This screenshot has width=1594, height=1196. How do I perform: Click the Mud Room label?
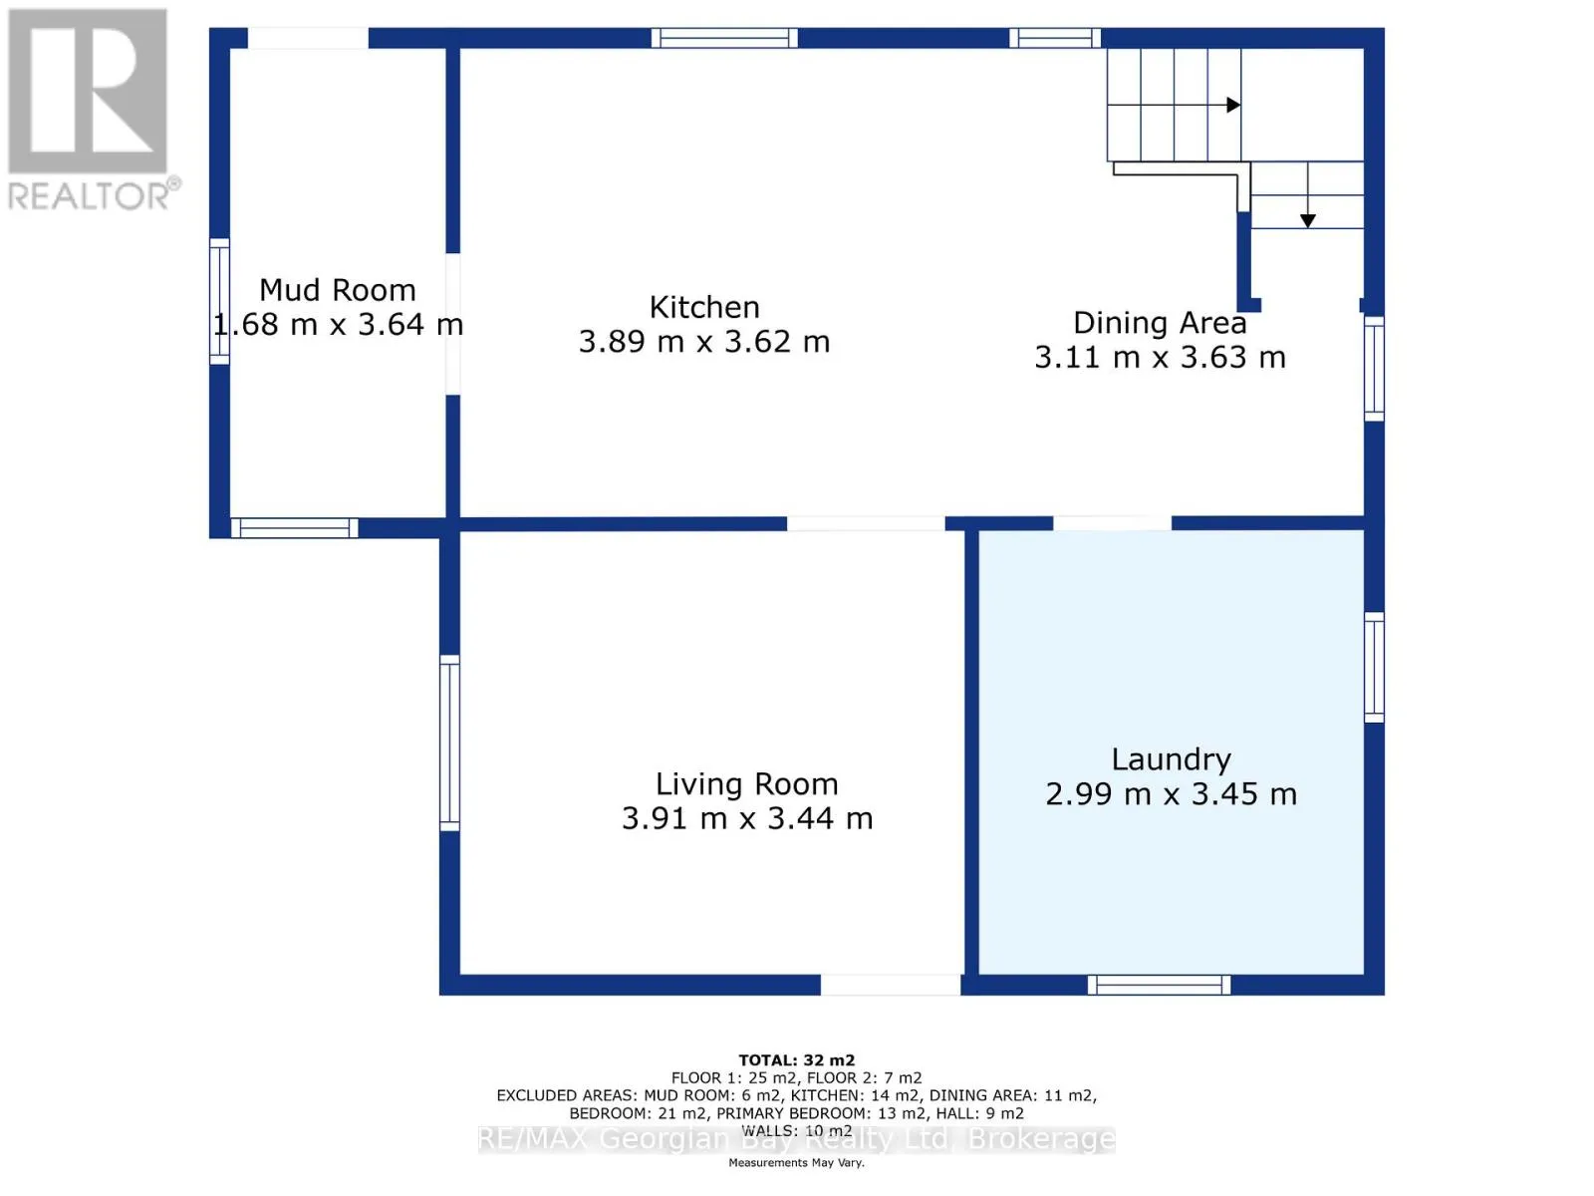(x=337, y=290)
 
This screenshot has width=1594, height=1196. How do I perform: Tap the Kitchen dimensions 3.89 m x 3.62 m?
(x=703, y=341)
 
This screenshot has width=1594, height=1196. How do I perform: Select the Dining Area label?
(x=1160, y=323)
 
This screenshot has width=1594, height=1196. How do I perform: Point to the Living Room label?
(x=746, y=784)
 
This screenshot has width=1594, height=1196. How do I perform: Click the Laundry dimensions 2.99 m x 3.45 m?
(x=1171, y=793)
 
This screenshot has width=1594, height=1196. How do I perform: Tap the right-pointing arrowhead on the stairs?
(x=1233, y=106)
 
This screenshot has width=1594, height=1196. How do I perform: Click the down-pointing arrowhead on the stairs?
(x=1307, y=220)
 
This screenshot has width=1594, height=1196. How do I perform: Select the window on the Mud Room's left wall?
(x=219, y=301)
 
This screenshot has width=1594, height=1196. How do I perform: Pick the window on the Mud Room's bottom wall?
(x=294, y=528)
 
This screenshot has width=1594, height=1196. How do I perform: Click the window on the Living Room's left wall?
(x=449, y=743)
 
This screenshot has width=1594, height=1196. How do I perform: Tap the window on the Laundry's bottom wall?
(x=1159, y=985)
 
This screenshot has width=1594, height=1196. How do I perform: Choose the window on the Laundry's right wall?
(x=1373, y=668)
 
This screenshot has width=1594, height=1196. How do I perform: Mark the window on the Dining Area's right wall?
(x=1373, y=368)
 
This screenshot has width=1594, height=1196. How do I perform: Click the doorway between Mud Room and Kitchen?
(x=452, y=324)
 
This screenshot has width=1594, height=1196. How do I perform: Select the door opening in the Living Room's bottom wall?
(x=891, y=985)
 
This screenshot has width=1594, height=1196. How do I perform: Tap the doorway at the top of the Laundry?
(x=1112, y=523)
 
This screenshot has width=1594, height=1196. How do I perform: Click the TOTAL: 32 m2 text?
(x=797, y=1060)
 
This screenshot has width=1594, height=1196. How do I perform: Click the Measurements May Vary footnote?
(x=796, y=1162)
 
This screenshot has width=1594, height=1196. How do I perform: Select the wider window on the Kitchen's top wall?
(x=724, y=38)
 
